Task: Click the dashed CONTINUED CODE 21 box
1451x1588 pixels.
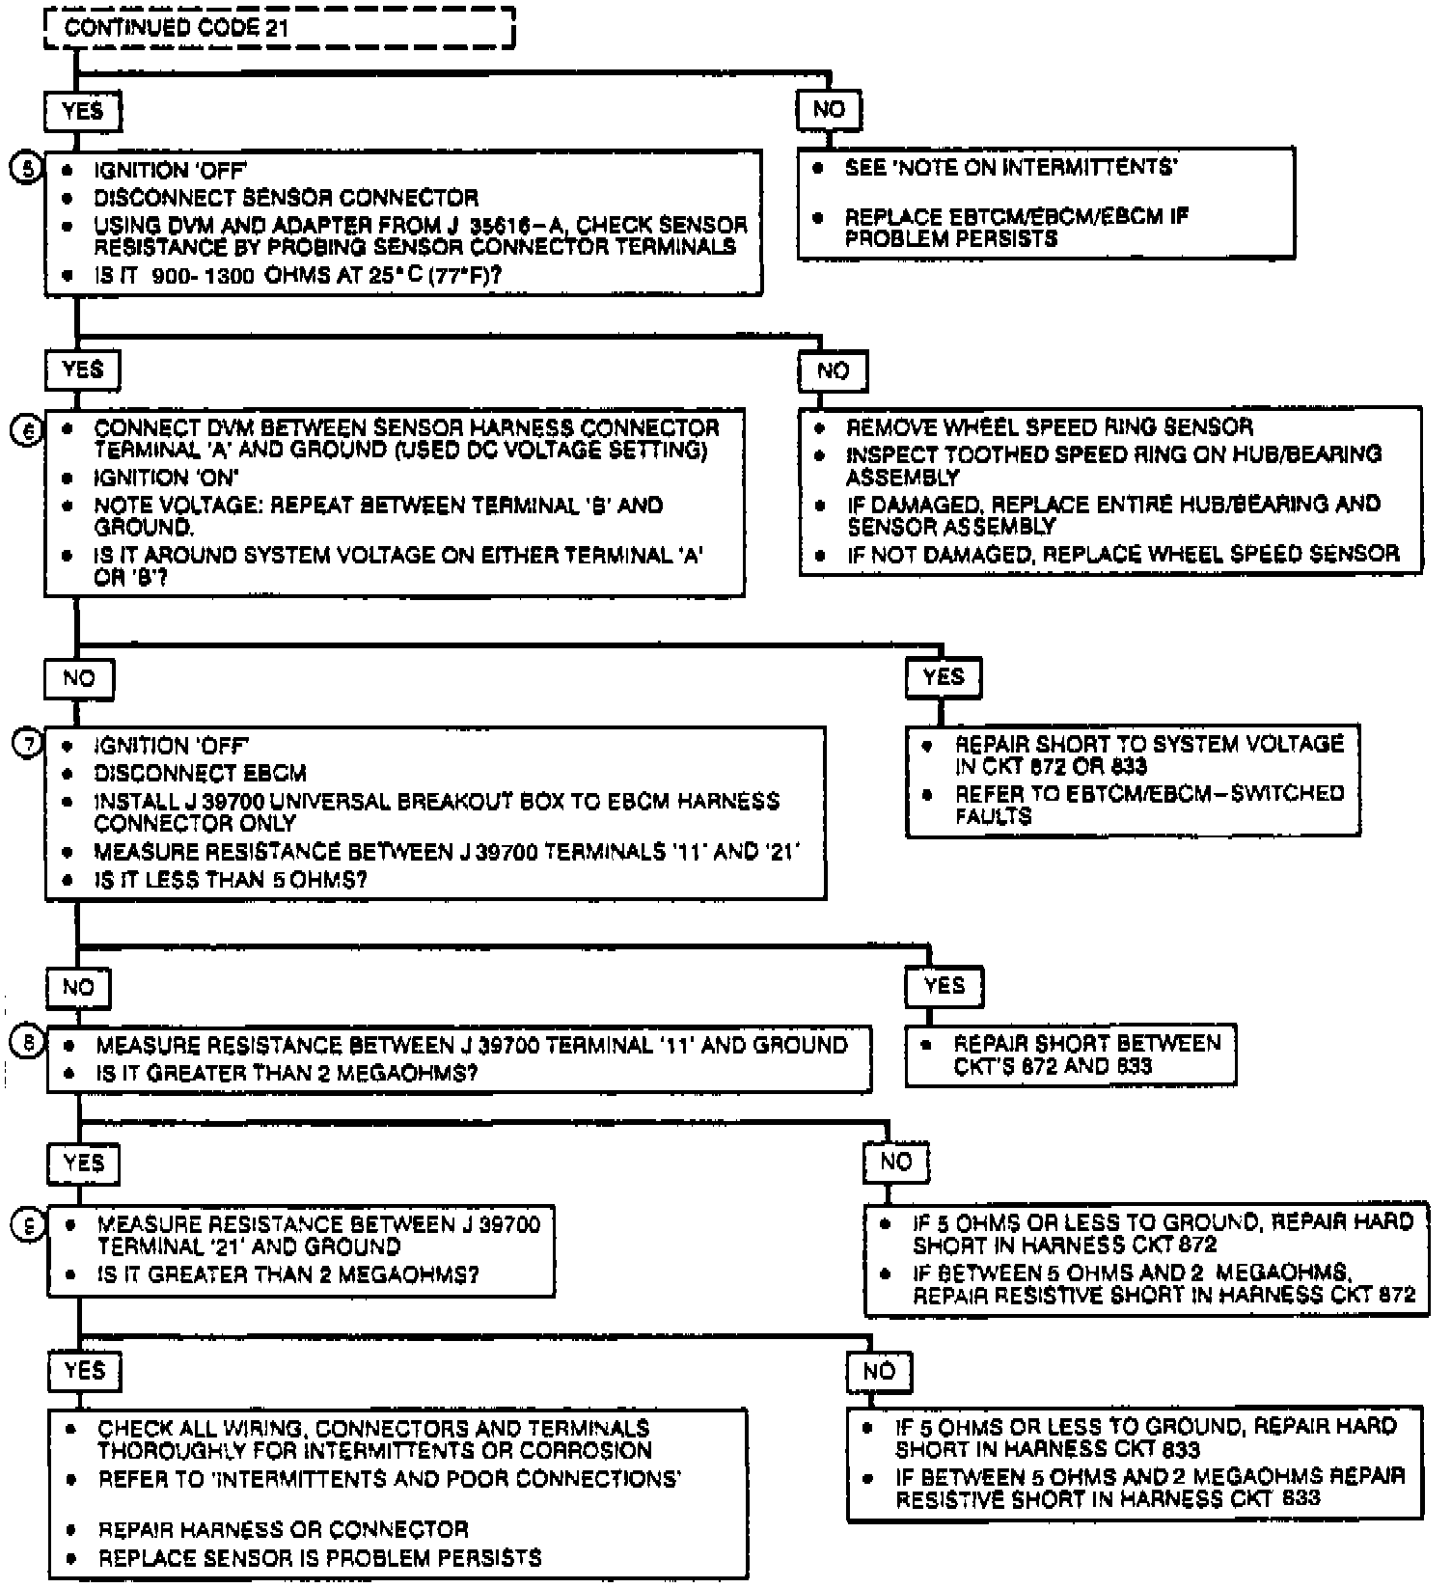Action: coord(280,27)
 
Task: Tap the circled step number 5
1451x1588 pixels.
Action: coord(28,170)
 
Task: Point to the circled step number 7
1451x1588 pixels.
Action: coord(28,744)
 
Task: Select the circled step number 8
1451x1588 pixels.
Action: coord(28,1043)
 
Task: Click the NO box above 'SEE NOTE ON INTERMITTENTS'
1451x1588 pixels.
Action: coord(829,110)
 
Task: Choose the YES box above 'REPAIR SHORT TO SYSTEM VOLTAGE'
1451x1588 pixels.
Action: coord(943,677)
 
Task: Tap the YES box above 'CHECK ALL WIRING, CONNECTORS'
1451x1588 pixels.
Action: coord(84,1371)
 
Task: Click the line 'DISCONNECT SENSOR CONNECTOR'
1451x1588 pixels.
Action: coord(286,199)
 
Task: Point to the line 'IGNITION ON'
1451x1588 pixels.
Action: coord(166,479)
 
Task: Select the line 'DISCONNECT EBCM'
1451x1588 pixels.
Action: coord(200,774)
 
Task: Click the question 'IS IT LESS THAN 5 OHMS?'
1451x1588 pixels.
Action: coord(231,880)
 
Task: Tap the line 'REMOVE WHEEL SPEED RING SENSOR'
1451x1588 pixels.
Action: coord(1049,427)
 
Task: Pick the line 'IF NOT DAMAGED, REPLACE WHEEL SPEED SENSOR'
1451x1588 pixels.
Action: coord(1123,554)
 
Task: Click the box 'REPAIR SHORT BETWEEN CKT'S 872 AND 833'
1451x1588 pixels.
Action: coord(1070,1054)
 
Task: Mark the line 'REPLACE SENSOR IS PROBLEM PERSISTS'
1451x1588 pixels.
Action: coord(319,1558)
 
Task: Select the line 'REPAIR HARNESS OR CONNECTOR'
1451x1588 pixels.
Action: coord(283,1530)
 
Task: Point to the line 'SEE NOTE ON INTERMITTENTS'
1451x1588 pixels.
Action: coord(1010,168)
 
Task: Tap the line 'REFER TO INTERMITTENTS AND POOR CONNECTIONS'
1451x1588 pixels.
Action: coord(390,1479)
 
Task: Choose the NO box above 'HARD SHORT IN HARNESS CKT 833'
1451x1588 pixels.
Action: coord(879,1371)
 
